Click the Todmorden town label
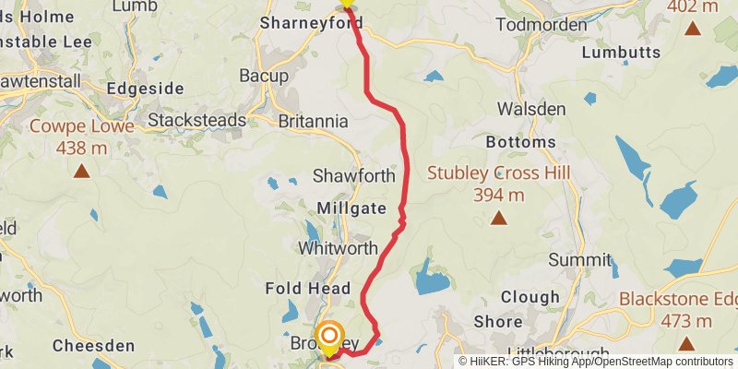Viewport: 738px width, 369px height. (x=541, y=25)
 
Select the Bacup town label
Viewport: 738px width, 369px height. (x=264, y=76)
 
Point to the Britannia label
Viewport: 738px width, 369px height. (x=313, y=122)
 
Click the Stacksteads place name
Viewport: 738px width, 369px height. (x=197, y=120)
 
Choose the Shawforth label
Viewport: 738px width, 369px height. (x=354, y=175)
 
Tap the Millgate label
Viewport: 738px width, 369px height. (x=351, y=208)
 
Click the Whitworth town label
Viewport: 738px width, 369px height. (x=338, y=248)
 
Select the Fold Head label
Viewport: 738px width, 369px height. (x=308, y=289)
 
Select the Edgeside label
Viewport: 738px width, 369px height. (x=141, y=89)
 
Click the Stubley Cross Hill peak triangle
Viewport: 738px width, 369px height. (x=499, y=219)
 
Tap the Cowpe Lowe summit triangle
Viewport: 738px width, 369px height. (x=82, y=171)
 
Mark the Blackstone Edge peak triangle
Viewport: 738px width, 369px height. (x=686, y=344)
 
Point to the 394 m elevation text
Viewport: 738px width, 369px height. (x=499, y=195)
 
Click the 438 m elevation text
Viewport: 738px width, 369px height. (x=81, y=148)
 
